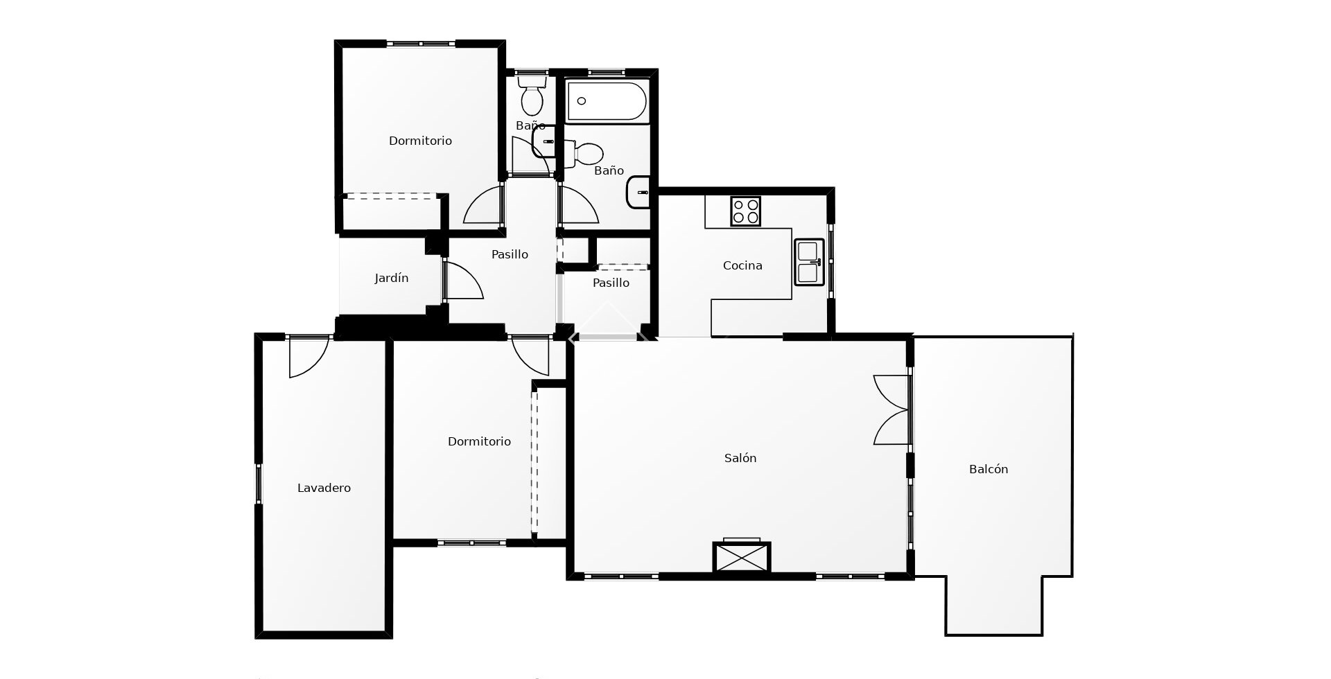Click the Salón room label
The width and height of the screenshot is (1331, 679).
pos(740,458)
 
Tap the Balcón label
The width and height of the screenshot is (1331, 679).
pos(988,469)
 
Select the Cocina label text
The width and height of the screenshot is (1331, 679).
pos(742,265)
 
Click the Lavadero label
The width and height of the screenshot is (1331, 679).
pos(324,488)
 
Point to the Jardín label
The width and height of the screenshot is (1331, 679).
pos(391,278)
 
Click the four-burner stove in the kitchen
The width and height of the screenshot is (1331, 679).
pos(745,211)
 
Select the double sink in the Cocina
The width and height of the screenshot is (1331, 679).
pos(809,262)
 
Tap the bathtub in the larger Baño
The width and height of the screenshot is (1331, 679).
pos(607,102)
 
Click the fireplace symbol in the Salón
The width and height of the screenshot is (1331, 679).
pos(742,557)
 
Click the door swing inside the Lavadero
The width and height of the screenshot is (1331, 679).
pos(306,357)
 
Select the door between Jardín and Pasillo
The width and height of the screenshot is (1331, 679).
pos(461,281)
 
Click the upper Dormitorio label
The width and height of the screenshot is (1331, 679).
pos(420,141)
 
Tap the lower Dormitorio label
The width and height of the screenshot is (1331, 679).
pos(479,441)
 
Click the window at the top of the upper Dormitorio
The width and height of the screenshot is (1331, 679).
pos(421,44)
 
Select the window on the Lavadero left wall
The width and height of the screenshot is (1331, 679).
pos(259,483)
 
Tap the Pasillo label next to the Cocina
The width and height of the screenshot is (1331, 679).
pos(611,283)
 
